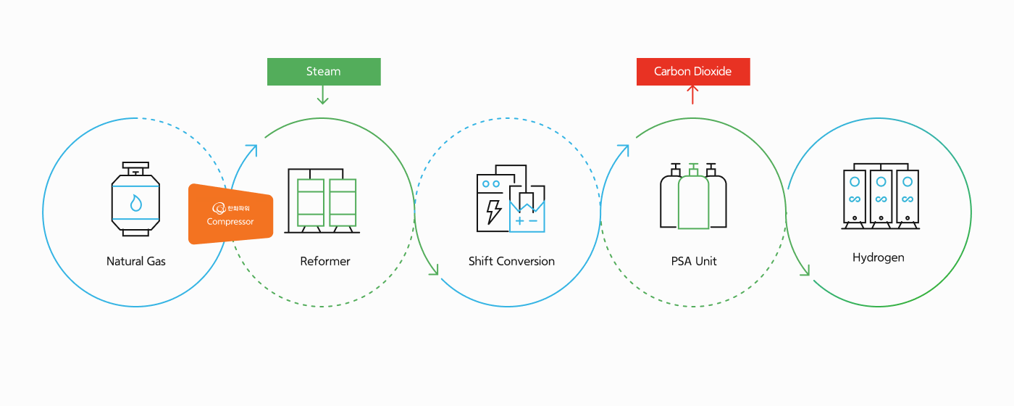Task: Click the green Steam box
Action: click(x=324, y=72)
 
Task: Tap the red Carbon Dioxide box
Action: click(x=693, y=72)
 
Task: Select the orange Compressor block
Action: click(x=230, y=215)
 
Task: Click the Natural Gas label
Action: click(x=136, y=261)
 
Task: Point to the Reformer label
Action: click(x=325, y=261)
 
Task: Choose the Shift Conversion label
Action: click(x=511, y=261)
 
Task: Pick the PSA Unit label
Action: click(x=694, y=261)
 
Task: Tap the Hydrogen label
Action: click(x=879, y=257)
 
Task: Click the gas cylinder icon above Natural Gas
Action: click(x=135, y=199)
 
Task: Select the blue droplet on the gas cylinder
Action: click(x=135, y=202)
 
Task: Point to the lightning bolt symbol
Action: click(x=493, y=210)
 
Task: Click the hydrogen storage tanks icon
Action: click(x=880, y=196)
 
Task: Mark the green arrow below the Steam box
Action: click(x=323, y=95)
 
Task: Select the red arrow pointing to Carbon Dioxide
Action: click(x=692, y=95)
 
